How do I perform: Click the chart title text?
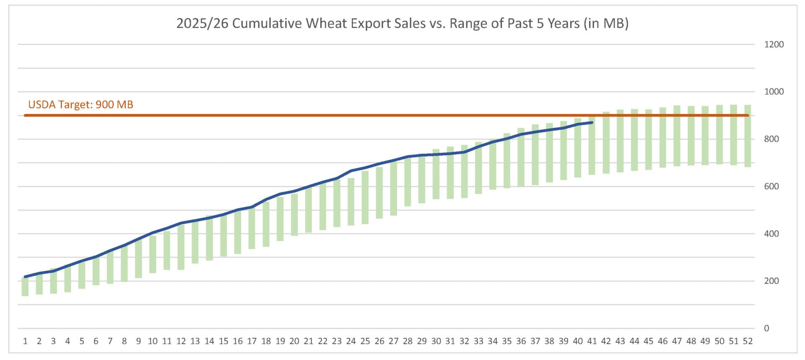[x=402, y=23]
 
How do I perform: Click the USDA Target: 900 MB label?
[x=80, y=104]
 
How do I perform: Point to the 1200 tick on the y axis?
[x=774, y=44]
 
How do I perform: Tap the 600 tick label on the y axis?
[x=771, y=186]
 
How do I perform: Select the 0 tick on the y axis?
[x=766, y=329]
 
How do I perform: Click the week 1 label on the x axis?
[x=25, y=341]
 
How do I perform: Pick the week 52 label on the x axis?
[x=748, y=341]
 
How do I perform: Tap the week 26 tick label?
[x=379, y=341]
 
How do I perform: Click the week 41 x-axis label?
[x=592, y=341]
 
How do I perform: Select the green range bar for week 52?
[x=748, y=136]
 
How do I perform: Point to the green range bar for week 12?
[x=181, y=247]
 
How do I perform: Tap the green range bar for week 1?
[x=25, y=287]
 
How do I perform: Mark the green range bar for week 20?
[x=294, y=215]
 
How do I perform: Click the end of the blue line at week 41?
[x=592, y=122]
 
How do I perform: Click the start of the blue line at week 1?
[x=25, y=277]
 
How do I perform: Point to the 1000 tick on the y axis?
[x=774, y=92]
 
